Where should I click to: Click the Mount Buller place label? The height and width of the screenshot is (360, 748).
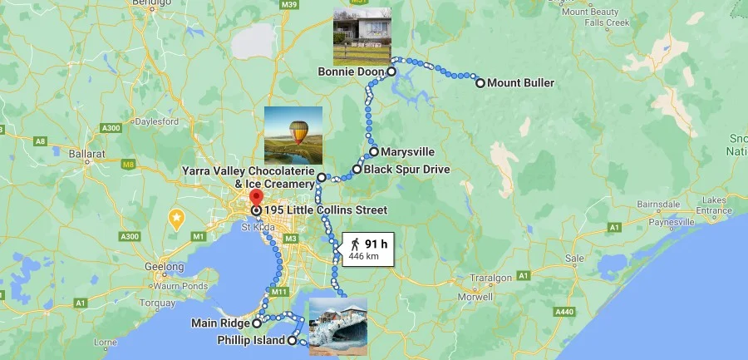click(x=520, y=83)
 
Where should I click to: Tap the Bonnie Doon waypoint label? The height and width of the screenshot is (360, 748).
click(x=351, y=72)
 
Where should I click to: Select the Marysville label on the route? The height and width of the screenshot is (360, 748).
click(x=407, y=152)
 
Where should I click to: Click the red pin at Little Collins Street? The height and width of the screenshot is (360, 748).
click(x=256, y=199)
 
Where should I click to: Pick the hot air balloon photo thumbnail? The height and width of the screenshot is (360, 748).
click(x=293, y=135)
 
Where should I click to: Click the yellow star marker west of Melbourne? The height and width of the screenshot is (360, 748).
click(x=176, y=218)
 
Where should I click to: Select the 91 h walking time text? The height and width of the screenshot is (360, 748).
click(x=376, y=244)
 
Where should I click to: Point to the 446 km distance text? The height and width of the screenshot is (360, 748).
click(x=363, y=257)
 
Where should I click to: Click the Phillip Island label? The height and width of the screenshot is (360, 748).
click(x=252, y=341)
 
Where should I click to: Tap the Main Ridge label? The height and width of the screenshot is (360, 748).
click(x=220, y=323)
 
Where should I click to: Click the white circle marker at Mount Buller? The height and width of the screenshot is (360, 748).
click(x=480, y=83)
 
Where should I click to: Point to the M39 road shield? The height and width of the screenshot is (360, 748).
click(x=289, y=5)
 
